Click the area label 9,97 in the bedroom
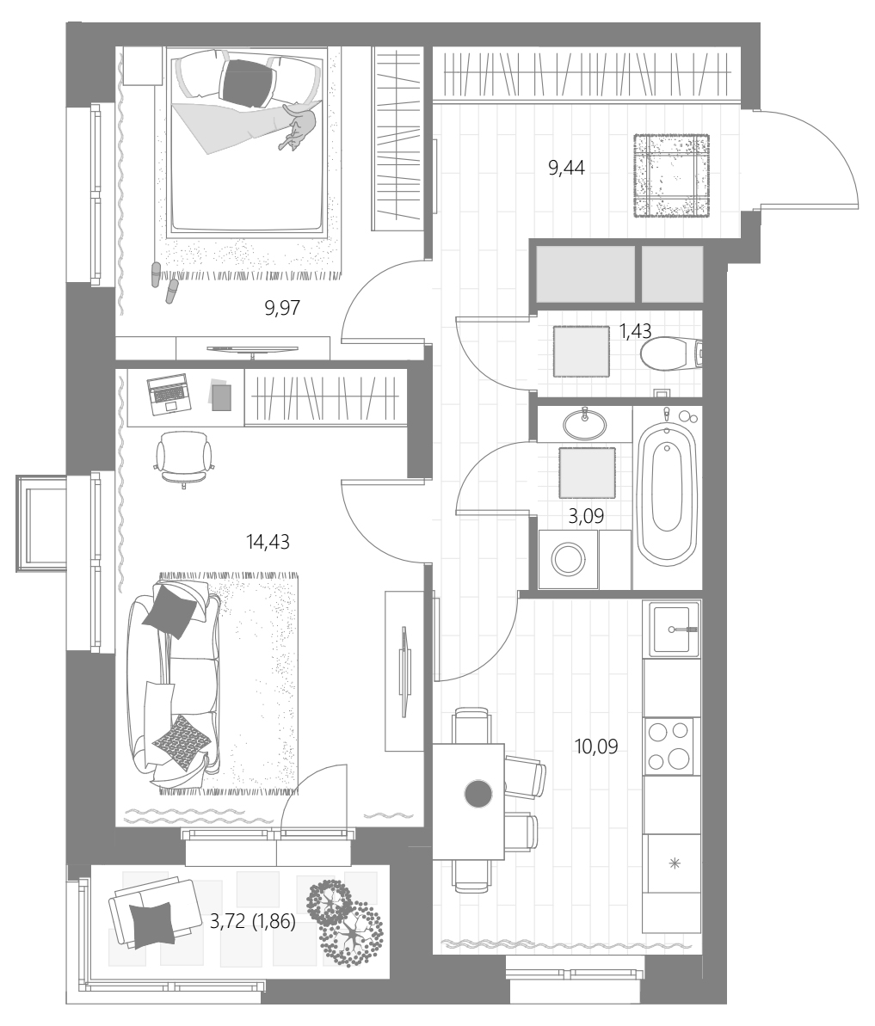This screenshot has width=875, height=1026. pos(282,308)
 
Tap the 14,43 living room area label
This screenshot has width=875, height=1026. pos(268,542)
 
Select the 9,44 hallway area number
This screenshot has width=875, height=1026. pos(566,169)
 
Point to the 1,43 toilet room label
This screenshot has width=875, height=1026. pos(636,331)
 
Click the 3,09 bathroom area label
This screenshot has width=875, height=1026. pos(586,517)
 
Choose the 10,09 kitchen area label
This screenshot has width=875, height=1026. pos(596,746)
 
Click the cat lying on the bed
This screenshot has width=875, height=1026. pos(299,127)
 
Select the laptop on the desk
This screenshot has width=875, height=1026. pos(168,394)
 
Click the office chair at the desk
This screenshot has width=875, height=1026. pos(184,458)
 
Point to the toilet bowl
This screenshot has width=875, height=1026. pos(671,354)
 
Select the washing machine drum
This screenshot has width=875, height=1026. pos(568,560)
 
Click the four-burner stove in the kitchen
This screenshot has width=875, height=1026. pos(671,746)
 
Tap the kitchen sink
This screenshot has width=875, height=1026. pos(675,630)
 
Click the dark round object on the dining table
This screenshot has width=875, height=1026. pos(478,794)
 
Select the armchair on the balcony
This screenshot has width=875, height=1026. pos(155,913)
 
